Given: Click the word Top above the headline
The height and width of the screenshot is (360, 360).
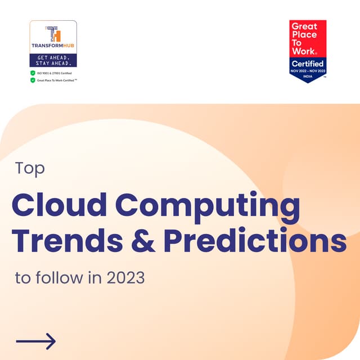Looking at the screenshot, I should pyautogui.click(x=30, y=169).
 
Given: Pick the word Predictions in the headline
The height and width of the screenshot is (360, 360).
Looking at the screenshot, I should pyautogui.click(x=255, y=240).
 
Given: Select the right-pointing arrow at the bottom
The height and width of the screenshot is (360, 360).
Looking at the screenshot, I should pyautogui.click(x=35, y=341).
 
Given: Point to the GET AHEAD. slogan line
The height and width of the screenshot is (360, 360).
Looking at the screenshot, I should pyautogui.click(x=53, y=58).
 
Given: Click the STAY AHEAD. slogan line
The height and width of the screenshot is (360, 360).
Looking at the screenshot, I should pyautogui.click(x=53, y=64).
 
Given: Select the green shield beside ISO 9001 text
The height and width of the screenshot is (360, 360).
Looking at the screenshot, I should pyautogui.click(x=33, y=73).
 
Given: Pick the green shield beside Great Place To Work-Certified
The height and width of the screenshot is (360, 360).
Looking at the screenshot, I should pyautogui.click(x=33, y=80).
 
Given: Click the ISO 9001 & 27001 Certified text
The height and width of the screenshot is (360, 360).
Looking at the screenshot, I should pyautogui.click(x=55, y=73).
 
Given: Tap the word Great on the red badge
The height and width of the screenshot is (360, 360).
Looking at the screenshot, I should pyautogui.click(x=304, y=26).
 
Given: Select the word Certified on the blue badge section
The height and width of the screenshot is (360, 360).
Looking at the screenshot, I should pyautogui.click(x=308, y=64).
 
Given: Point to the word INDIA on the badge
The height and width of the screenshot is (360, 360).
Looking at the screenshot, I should pyautogui.click(x=308, y=76).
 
